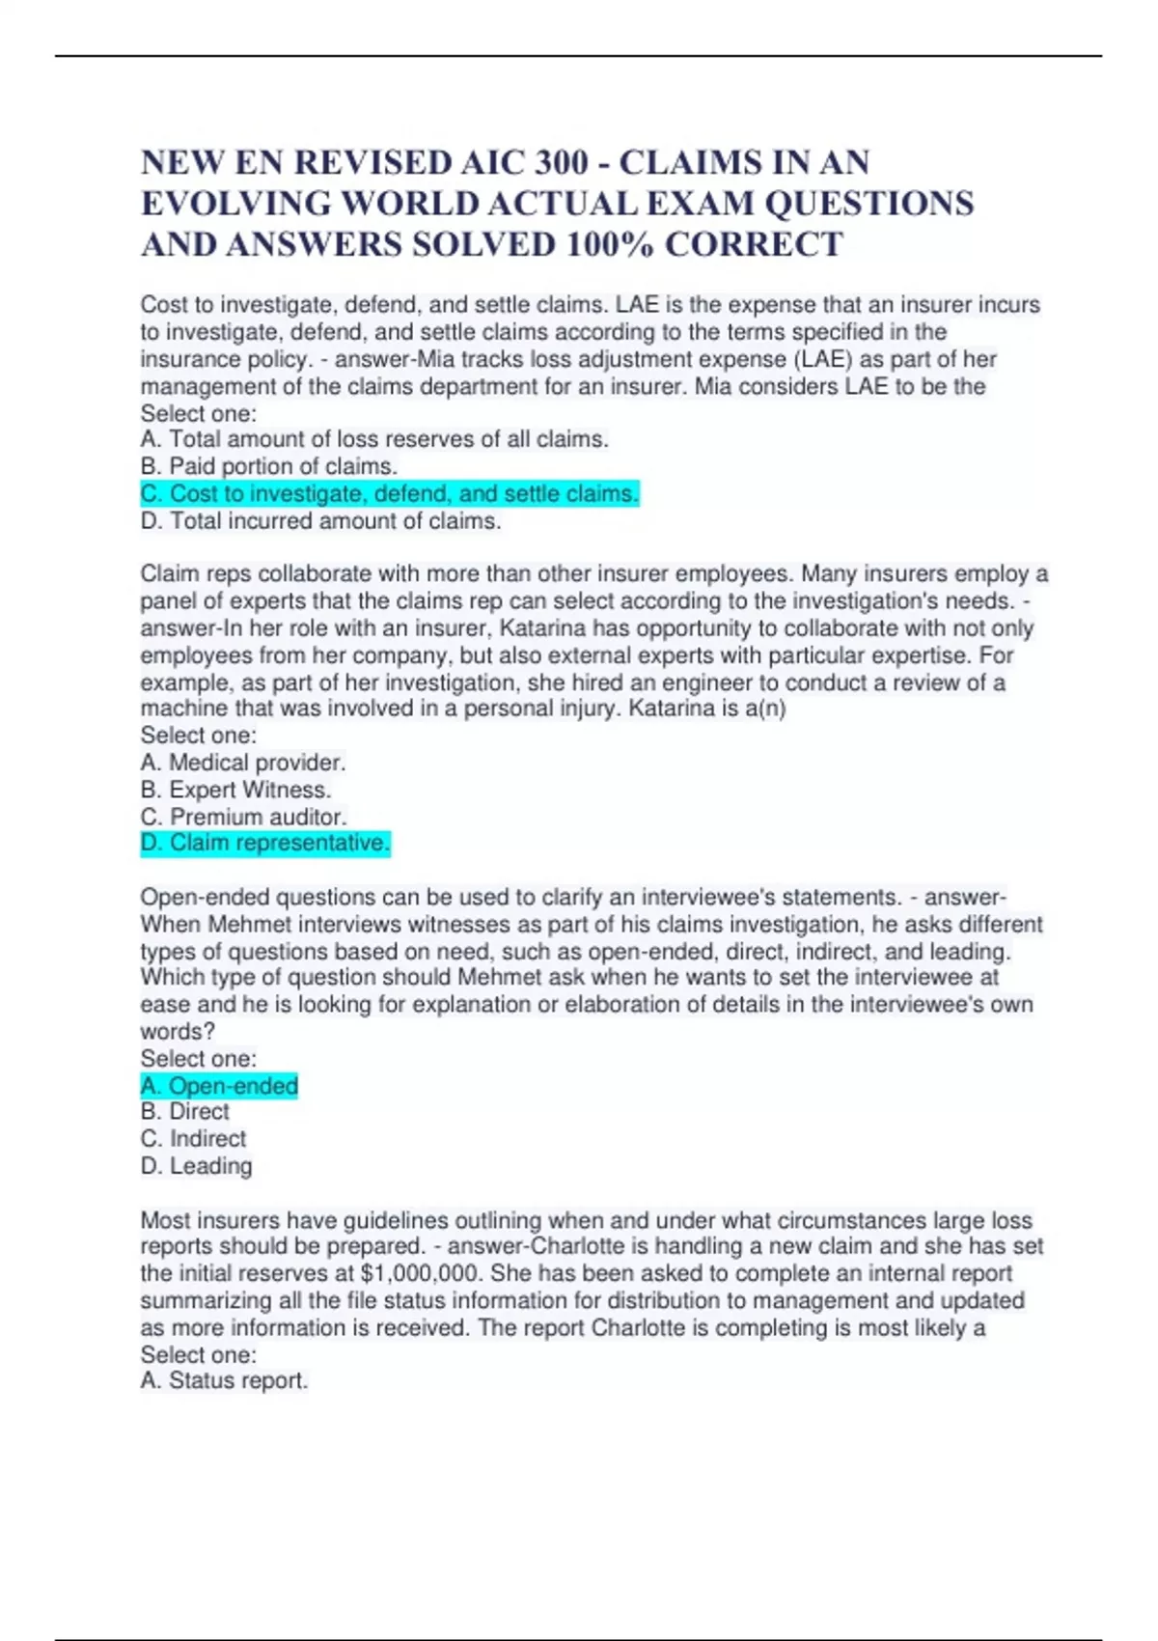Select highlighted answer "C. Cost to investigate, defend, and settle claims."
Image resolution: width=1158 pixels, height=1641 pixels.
coord(390,494)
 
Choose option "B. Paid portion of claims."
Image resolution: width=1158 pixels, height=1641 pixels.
coord(269,466)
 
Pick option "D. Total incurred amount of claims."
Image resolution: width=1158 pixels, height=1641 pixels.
coord(321,521)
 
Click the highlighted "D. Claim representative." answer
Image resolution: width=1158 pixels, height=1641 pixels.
coord(265,844)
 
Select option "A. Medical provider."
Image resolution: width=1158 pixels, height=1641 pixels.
coord(243,763)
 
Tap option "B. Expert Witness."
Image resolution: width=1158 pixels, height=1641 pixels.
coord(236,790)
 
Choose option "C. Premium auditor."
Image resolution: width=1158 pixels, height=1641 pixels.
coord(244,817)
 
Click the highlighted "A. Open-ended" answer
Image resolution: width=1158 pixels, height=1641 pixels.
coord(220,1086)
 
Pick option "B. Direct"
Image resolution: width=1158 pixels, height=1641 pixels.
coord(185,1112)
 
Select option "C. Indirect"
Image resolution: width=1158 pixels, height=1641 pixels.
coord(194,1139)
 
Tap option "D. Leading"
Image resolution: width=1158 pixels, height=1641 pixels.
coord(197,1166)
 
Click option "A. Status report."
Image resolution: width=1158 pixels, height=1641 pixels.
coord(225,1381)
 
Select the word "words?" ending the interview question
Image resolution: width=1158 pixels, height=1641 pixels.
coord(178,1032)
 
